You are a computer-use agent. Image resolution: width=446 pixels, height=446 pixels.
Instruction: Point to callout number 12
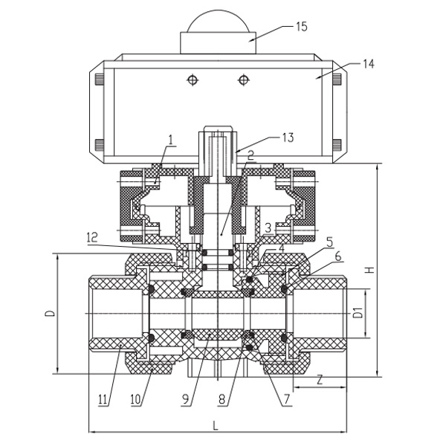(x=91, y=237)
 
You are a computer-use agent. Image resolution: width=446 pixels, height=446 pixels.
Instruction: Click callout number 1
(x=170, y=139)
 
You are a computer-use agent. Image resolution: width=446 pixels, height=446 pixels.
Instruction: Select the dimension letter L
(x=215, y=426)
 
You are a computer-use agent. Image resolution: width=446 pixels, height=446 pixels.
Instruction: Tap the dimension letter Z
(x=319, y=381)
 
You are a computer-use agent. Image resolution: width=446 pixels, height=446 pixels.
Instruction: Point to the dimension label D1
(x=358, y=312)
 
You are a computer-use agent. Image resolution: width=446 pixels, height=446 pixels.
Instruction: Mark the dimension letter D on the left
(x=48, y=314)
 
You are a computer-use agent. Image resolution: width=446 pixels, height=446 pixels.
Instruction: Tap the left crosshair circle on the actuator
(x=194, y=78)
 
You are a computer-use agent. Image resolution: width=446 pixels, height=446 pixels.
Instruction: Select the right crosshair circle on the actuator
(x=242, y=78)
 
